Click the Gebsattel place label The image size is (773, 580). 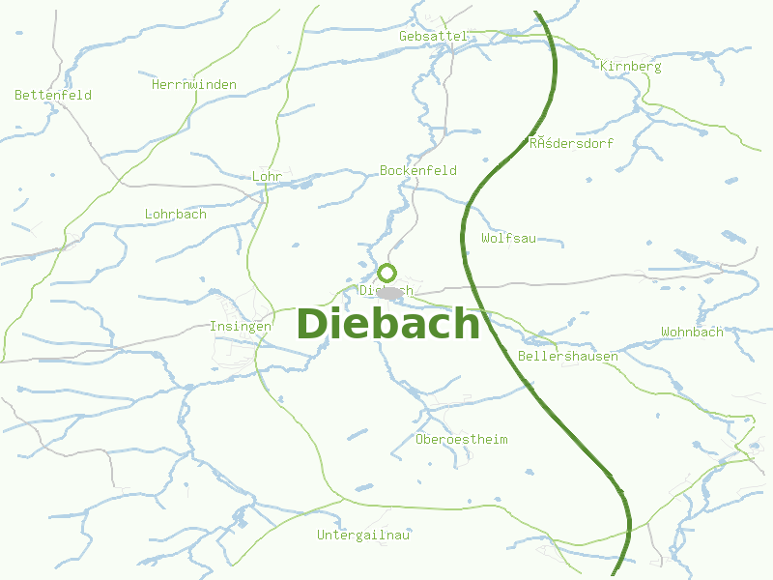pos(433,36)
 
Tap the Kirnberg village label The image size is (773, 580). pos(630,67)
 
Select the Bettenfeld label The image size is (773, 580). pos(53,95)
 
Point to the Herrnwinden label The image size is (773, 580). pos(194,85)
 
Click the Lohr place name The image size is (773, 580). pos(266,177)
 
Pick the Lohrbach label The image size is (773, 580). pos(175,214)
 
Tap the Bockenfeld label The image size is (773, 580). pos(418,170)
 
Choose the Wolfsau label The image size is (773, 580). pos(508,238)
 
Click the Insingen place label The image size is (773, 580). pos(240,327)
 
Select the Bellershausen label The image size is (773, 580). pos(568,356)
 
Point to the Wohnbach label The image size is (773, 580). pos(692,332)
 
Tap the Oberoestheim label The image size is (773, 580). pos(461,440)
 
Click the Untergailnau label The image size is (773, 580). pos(363,535)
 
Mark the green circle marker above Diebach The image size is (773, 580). pos(387,273)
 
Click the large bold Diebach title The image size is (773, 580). pos(387,324)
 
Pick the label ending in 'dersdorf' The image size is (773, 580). pos(571,143)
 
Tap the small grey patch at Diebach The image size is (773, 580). pos(389,292)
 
